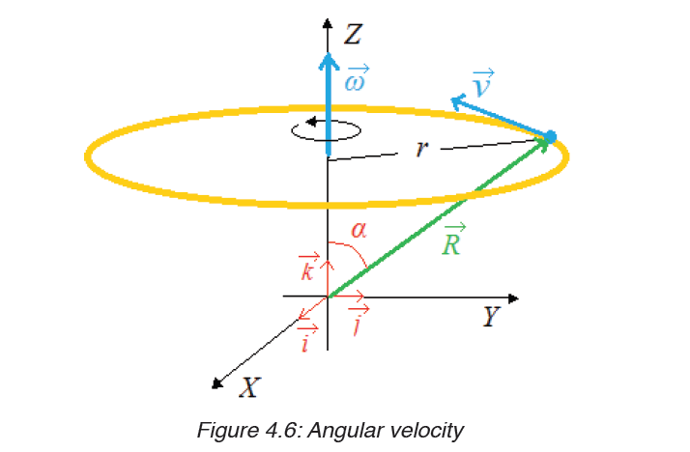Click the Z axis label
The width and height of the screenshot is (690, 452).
353,35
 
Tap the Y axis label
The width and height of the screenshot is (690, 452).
491,316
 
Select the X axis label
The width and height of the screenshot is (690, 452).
250,387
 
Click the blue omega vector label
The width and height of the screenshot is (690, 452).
357,78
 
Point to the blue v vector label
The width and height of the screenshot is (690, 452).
483,83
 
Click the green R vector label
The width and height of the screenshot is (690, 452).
453,240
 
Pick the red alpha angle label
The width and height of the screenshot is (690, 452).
359,230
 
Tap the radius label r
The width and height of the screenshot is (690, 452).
421,149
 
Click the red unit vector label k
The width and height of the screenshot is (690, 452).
308,268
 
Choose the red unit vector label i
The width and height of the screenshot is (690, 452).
306,339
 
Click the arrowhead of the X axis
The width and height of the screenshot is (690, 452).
216,383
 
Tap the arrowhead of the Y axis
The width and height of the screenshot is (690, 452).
513,298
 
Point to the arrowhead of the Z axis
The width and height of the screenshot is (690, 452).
327,23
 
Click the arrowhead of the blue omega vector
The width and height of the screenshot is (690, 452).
329,61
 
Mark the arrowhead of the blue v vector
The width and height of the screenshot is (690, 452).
458,101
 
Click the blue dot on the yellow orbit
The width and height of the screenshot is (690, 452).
551,137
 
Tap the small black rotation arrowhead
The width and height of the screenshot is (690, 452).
311,122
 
